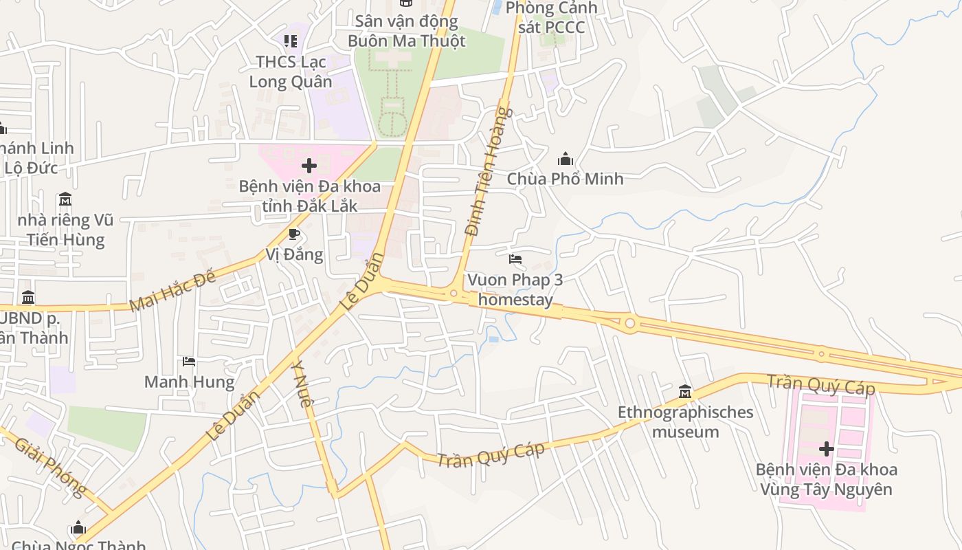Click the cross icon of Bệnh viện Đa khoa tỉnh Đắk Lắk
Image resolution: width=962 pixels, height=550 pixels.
[309, 166]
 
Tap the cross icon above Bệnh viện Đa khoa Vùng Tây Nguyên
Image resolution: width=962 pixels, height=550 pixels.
[826, 450]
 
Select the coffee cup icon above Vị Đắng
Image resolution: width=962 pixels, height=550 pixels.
[294, 234]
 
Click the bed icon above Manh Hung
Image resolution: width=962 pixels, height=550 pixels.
[189, 362]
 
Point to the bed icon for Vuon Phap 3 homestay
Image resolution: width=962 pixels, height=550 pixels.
[515, 259]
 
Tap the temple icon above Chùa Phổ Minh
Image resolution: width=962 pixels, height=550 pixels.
[566, 159]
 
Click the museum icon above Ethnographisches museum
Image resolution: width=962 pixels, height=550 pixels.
[684, 392]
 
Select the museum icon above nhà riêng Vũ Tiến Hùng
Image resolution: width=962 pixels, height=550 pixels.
[65, 200]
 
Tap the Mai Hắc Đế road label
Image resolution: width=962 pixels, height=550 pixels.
[172, 290]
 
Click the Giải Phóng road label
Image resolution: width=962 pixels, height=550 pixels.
[50, 467]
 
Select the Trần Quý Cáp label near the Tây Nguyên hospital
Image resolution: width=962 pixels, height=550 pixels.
[821, 385]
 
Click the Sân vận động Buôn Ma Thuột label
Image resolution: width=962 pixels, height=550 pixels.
[406, 31]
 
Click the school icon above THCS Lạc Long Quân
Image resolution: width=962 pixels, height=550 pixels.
[290, 41]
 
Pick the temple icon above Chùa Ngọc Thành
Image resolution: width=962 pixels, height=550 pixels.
[78, 528]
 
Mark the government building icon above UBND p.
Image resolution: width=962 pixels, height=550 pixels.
[28, 298]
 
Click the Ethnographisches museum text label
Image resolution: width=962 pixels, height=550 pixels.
[685, 422]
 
